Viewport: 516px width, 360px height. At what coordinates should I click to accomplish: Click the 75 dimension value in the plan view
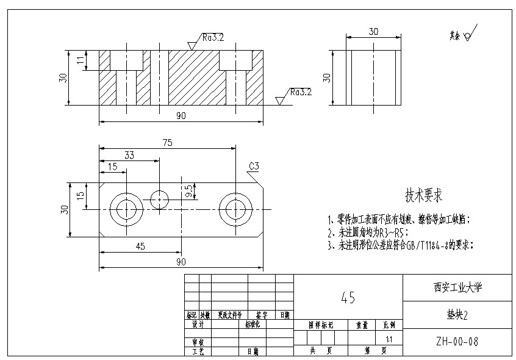coord(167,142)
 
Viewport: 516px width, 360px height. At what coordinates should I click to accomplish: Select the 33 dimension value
coord(129,155)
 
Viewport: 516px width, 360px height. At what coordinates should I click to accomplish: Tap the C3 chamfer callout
coord(254,166)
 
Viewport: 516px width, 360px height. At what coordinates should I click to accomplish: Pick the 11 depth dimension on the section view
coord(81,60)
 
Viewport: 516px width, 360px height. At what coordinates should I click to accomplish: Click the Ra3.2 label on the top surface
coord(213,38)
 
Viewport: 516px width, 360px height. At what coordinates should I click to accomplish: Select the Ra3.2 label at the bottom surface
coord(301,92)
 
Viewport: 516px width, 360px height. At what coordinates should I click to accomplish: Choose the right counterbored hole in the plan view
coord(235,209)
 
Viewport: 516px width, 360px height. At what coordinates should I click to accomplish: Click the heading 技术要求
coord(424,196)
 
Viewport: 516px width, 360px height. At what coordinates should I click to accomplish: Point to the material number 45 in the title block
coord(348,298)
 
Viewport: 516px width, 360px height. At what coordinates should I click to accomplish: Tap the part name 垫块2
coord(457,315)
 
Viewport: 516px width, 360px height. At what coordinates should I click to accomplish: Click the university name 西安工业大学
coord(457,286)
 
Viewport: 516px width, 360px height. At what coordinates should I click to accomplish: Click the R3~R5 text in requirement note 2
coord(391,232)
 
